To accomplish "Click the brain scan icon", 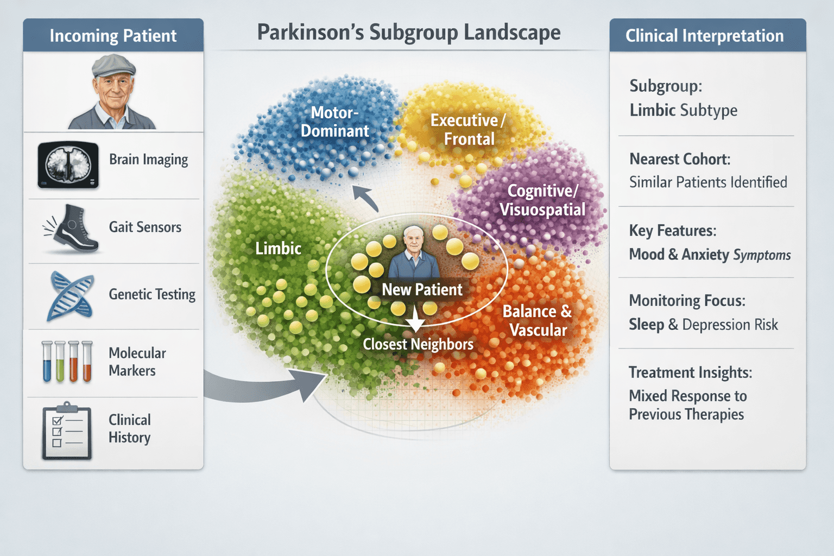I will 68,165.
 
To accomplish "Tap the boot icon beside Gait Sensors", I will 73,229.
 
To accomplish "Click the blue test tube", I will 47,362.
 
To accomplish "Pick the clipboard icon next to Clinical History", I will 67,432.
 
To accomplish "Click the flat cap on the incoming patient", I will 112,66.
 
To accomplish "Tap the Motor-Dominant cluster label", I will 334,122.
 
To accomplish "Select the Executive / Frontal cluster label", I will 468,129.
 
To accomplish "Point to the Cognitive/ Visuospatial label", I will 542,200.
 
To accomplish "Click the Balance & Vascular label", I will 537,320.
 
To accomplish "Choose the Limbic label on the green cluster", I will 278,249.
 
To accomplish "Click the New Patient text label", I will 422,289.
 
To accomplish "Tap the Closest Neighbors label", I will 418,344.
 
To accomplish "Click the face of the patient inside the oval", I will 414,240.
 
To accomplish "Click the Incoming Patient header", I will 113,36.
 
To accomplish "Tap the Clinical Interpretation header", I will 704,36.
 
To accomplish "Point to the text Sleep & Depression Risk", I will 703,325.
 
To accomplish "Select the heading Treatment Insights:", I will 690,372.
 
